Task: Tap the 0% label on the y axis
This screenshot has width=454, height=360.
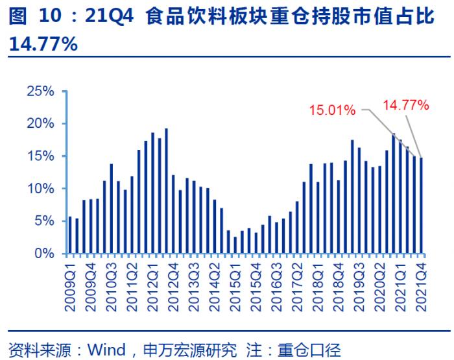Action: [x=44, y=254]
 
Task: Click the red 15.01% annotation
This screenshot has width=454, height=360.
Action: [x=332, y=110]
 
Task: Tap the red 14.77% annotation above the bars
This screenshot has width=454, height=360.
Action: [x=406, y=104]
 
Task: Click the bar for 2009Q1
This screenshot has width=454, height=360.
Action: [x=70, y=235]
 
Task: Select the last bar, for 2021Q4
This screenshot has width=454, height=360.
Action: [x=421, y=206]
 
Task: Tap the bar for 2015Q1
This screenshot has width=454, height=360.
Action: [x=229, y=242]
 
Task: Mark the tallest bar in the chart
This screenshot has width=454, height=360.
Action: [x=167, y=191]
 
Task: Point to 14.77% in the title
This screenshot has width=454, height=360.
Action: [x=43, y=44]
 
